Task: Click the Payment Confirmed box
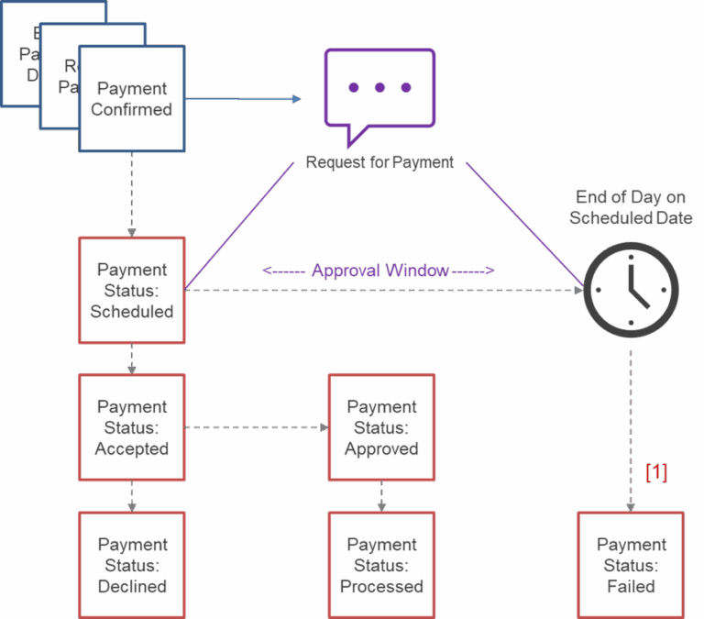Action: pos(132,99)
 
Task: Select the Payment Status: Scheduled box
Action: pos(132,290)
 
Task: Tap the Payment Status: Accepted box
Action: pos(132,427)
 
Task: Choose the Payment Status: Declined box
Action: pos(132,565)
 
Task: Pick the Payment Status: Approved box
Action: pos(381,427)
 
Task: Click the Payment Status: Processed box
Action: pos(381,565)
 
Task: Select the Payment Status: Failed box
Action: pos(631,565)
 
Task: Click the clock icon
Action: pos(631,289)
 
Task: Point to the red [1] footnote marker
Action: pos(656,472)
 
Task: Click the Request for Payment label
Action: pos(379,162)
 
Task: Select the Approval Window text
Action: pos(379,271)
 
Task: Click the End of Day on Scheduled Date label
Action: pos(631,207)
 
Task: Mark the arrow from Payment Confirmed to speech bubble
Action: pos(243,99)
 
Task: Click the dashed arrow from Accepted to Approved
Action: pos(257,427)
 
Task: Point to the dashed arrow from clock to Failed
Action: pos(631,422)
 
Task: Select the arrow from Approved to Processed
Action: pos(381,496)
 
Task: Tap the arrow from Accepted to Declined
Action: pos(132,496)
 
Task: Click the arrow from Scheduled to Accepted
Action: pos(132,359)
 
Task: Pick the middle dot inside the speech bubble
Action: pos(379,87)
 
